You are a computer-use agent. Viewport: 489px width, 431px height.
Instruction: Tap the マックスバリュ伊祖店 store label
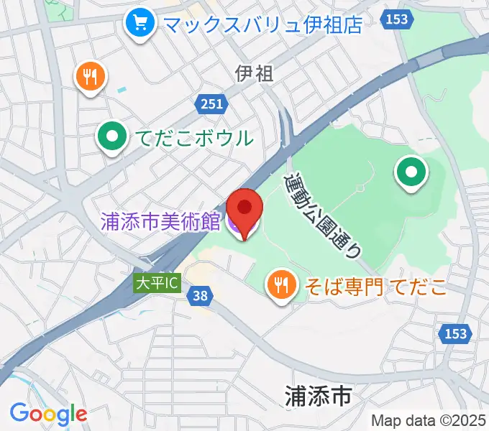coord(262,24)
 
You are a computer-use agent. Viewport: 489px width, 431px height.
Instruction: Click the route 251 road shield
coord(211,105)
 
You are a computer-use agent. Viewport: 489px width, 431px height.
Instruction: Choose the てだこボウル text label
coord(191,137)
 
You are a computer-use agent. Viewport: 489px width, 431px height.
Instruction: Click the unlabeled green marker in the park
coord(411,172)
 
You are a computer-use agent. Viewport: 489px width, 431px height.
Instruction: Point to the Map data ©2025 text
coord(428,420)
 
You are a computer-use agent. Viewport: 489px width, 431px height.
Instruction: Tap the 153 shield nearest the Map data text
coord(454,334)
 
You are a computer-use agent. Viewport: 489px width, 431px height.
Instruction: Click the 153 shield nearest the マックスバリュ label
coord(398,21)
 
